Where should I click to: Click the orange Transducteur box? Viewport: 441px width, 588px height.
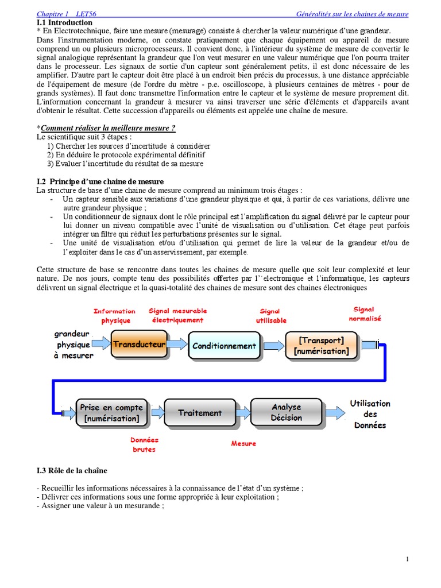click(138, 345)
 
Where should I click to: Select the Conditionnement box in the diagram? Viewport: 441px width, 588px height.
click(224, 346)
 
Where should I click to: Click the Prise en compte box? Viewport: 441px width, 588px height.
click(111, 413)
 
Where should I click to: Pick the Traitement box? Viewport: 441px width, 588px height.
click(199, 413)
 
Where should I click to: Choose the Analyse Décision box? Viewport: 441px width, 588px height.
click(286, 412)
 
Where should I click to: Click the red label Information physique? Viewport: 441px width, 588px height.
click(115, 316)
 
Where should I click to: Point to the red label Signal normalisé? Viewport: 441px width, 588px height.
click(365, 314)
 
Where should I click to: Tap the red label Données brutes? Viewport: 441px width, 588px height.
click(144, 444)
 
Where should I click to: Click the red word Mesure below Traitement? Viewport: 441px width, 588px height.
click(243, 443)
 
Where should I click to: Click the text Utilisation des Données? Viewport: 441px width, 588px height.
click(370, 414)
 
